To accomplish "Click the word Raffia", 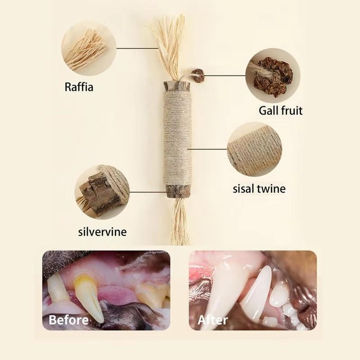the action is point(79,87).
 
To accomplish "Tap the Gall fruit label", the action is point(280,110).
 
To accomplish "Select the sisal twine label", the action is point(259,189).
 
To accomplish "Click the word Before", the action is point(69,320).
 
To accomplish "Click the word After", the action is point(213,320).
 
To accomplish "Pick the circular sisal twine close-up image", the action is point(255,149).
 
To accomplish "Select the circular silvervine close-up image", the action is point(102,192).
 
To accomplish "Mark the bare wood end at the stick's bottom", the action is point(178,192).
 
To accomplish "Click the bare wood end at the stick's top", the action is point(177,86).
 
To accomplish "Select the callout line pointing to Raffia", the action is point(137,49).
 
